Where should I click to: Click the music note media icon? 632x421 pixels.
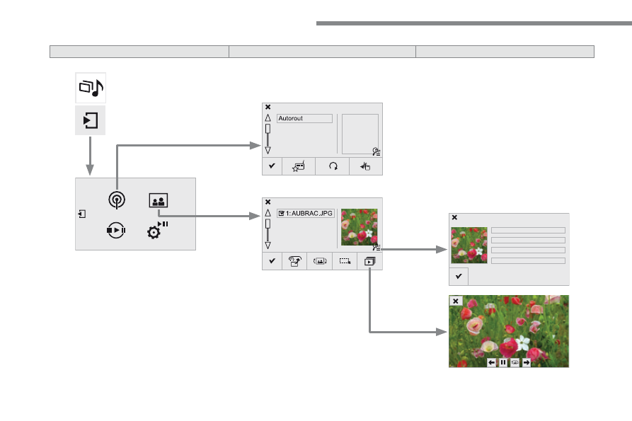(x=91, y=88)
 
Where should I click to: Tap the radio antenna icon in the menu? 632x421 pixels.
(x=117, y=200)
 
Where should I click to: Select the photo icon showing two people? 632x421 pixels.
(x=159, y=200)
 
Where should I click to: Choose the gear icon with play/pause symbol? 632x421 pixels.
(x=157, y=230)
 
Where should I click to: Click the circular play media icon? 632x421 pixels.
(x=116, y=230)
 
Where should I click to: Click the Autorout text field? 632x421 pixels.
(x=305, y=118)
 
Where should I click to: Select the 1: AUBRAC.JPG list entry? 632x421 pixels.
(x=306, y=214)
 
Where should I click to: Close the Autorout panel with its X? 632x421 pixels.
(x=268, y=107)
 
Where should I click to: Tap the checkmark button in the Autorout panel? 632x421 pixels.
(x=272, y=166)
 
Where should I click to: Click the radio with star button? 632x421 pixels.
(x=299, y=166)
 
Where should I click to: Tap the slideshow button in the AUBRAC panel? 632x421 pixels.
(x=369, y=262)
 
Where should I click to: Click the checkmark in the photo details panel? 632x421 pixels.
(x=459, y=277)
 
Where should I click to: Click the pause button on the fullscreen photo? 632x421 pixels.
(x=503, y=362)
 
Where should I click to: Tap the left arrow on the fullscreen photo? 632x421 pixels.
(x=491, y=362)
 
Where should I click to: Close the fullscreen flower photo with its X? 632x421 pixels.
(x=456, y=301)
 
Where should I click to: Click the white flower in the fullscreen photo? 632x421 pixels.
(x=523, y=342)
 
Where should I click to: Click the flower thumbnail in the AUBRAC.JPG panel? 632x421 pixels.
(x=359, y=227)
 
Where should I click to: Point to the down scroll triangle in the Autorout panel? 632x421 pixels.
(x=268, y=150)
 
